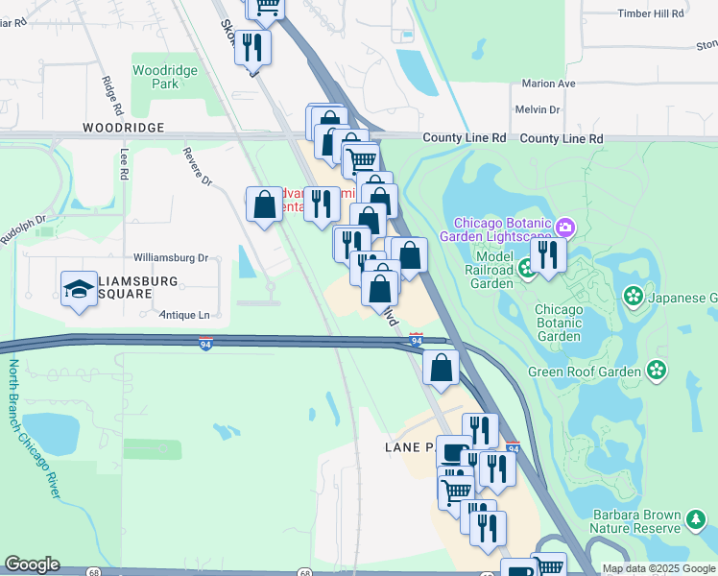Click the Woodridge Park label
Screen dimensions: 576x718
point(165,77)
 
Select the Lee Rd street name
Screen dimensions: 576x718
point(123,165)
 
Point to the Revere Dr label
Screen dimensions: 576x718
point(199,168)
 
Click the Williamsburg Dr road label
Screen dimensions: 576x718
point(171,258)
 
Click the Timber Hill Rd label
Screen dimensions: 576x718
point(651,14)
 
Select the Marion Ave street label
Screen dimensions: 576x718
point(548,84)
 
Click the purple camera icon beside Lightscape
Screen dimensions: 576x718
point(565,228)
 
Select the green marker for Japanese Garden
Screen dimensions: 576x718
point(634,296)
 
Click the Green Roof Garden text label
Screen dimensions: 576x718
point(585,372)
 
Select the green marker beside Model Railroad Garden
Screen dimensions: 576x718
point(527,269)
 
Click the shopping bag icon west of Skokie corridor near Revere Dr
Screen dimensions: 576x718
point(264,204)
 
